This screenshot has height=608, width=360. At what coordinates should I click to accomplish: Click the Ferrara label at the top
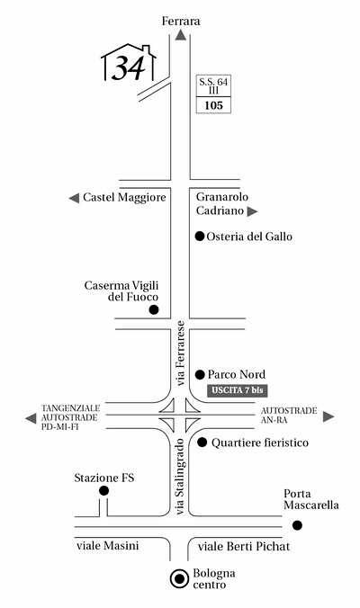(181, 21)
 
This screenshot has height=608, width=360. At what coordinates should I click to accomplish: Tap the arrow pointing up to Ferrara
(181, 35)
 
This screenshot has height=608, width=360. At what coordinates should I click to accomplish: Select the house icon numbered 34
(129, 63)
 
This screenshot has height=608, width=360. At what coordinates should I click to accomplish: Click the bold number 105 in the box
(214, 105)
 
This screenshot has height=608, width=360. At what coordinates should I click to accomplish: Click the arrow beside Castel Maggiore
(74, 198)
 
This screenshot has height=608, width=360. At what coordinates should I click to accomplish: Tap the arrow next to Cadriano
(253, 211)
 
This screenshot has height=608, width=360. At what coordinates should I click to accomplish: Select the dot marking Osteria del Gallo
(200, 237)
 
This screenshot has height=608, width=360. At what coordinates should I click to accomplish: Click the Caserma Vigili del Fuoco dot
(154, 309)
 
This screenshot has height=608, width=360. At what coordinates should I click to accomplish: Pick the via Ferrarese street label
(180, 353)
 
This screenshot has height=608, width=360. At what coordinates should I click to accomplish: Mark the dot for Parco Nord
(200, 374)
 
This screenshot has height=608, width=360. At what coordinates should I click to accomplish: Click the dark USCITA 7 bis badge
(238, 390)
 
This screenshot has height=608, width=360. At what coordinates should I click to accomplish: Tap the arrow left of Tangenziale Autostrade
(31, 418)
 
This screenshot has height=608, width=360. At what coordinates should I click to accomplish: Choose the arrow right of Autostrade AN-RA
(328, 416)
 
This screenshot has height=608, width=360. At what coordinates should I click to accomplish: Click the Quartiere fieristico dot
(202, 442)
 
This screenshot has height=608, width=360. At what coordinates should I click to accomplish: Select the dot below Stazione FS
(104, 491)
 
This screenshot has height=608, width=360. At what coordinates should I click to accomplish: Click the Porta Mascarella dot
(297, 525)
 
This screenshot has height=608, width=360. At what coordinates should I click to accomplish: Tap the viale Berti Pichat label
(244, 547)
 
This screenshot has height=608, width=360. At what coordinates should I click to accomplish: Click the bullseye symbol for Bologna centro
(180, 579)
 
